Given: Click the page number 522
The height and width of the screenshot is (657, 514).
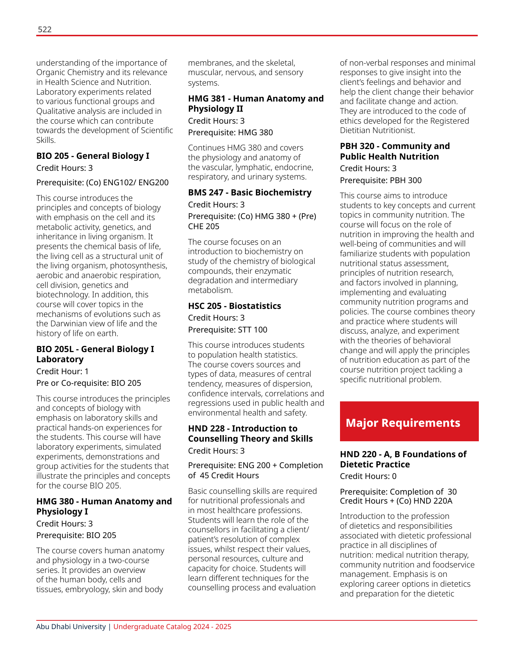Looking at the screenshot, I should [x=45, y=30].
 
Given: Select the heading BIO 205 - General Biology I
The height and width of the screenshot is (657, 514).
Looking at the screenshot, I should [x=92, y=156].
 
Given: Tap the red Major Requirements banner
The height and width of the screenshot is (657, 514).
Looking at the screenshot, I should [x=409, y=421].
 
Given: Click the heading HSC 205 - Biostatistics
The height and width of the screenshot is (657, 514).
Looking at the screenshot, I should [x=234, y=306].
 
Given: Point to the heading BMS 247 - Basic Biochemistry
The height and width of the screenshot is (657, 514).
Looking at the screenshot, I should [x=249, y=193].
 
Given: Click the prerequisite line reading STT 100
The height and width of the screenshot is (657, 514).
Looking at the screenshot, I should [x=227, y=330].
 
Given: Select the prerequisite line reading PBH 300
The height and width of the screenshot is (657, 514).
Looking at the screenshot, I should [x=381, y=180].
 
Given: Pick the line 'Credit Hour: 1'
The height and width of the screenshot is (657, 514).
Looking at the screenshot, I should [x=62, y=371].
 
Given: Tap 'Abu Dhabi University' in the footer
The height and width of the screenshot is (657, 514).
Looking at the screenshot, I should [x=71, y=627].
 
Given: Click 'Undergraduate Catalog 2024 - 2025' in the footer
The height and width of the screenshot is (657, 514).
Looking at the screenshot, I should [x=172, y=627].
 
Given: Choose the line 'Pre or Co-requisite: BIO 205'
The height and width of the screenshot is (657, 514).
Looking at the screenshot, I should [x=88, y=383].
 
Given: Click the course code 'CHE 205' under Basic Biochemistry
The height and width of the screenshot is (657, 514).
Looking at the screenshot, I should [x=203, y=226].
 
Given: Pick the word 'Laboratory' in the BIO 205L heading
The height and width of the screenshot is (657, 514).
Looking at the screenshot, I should [x=60, y=359].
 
